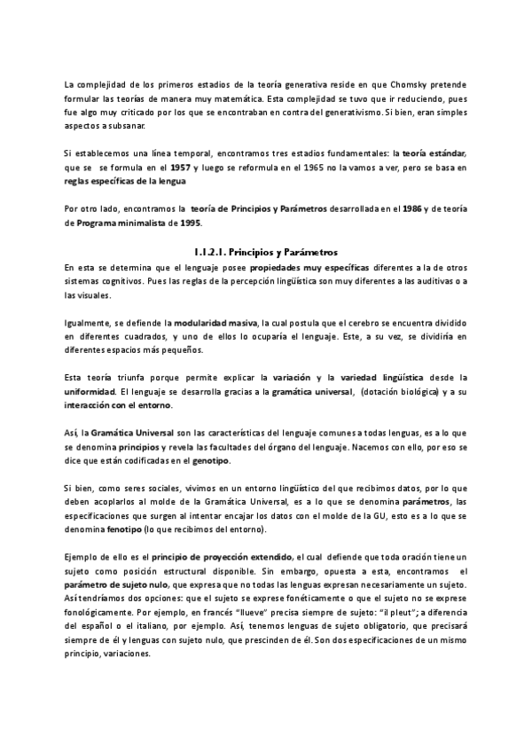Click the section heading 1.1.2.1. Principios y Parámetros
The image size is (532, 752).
pyautogui.click(x=265, y=252)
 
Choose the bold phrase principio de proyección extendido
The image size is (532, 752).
pyautogui.click(x=223, y=556)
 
